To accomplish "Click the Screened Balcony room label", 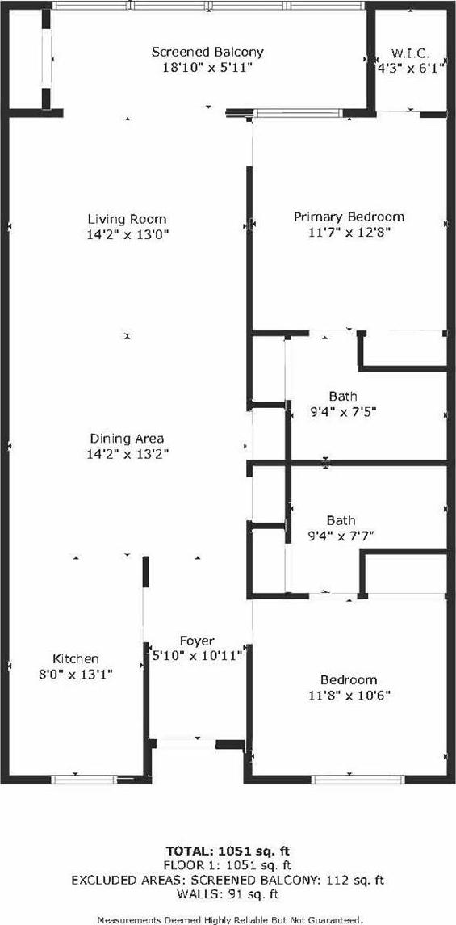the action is pos(207,52).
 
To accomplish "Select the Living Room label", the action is pos(127,219).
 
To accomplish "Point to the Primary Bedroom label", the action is pos(349,217).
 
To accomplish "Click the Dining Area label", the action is pos(127,439).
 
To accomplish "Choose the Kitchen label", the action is pos(76,658).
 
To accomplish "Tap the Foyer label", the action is pos(197,641).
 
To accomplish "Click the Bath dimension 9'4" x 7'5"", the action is pos(342,411).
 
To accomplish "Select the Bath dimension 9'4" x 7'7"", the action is pos(342,536).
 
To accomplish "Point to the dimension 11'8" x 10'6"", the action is pos(349,695).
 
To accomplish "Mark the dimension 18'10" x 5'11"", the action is pos(207,67).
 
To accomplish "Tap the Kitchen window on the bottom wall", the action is pos(84,780).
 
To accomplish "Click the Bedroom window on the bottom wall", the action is pos(358,780).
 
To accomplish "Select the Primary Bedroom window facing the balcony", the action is pos(298,113).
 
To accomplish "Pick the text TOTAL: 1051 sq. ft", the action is pos(228,851).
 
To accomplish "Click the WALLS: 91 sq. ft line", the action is pos(228,894).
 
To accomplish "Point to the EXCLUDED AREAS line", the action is pos(228,881).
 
